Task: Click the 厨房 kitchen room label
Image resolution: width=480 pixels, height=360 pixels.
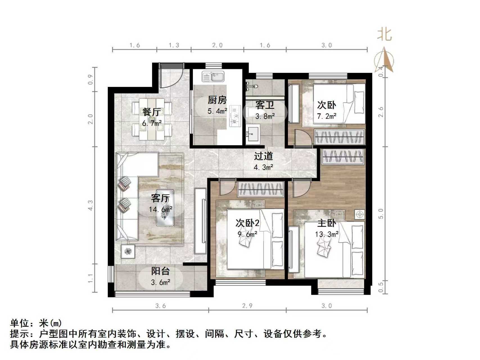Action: point(217,100)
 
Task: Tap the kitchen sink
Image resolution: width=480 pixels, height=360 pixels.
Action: point(213,76)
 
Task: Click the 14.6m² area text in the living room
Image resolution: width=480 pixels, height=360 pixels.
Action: point(161,210)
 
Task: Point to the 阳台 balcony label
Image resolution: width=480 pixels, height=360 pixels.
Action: point(160,271)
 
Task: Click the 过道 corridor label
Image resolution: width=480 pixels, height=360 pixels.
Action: point(263,156)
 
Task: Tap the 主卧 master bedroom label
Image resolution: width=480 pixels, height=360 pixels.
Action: point(326,223)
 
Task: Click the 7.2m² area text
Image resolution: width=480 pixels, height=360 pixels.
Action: point(326,116)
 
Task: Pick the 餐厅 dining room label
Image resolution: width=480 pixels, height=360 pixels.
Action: point(152,112)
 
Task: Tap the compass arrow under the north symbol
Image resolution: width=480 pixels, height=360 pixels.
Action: point(385,60)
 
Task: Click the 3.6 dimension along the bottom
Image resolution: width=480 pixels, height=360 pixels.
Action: point(161,306)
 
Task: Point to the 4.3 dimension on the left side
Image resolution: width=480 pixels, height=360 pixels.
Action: point(91,205)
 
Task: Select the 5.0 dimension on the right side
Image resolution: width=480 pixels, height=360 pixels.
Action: point(381,213)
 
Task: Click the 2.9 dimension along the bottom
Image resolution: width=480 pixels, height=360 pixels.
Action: point(247,306)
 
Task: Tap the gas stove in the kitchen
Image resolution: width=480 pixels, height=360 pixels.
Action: point(235,115)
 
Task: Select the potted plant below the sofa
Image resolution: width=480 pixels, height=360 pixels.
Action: point(128,251)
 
